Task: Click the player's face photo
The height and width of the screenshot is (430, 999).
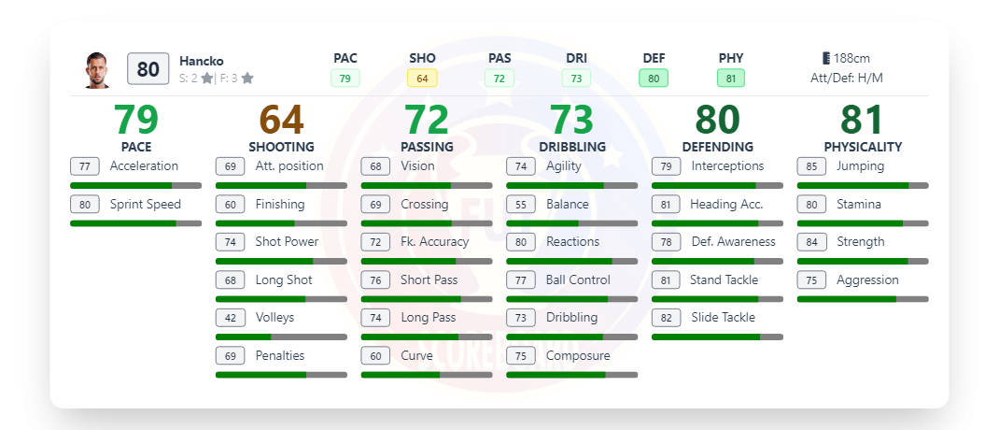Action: (96, 69)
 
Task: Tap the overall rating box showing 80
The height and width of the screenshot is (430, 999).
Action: (148, 69)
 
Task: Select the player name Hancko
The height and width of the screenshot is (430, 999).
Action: (201, 61)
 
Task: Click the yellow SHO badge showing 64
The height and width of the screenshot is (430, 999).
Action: (422, 79)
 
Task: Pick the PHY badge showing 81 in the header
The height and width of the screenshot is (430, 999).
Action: (731, 79)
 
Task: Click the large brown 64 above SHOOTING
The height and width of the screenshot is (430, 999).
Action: (281, 120)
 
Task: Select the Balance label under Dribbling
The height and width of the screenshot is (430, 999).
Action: (567, 204)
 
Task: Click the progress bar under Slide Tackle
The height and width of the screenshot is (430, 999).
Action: (717, 337)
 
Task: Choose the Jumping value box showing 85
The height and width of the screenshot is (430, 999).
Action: (811, 166)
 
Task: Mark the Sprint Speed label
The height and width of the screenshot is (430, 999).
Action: (145, 204)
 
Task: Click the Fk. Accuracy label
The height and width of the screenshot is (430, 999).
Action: (434, 241)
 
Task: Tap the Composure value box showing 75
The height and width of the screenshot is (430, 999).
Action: (521, 355)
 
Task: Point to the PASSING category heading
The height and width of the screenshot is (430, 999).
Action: (427, 147)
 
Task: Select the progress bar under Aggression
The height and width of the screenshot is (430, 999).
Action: (863, 299)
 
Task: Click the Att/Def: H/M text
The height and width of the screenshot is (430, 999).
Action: (846, 79)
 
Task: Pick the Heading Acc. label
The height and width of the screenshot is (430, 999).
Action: (725, 204)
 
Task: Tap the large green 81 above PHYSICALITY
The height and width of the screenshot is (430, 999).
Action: (863, 120)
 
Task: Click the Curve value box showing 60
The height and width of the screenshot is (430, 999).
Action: (375, 355)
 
